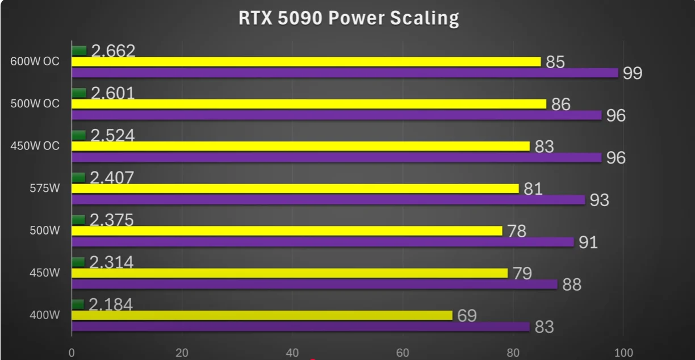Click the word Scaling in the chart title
[x=425, y=18]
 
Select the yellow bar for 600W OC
[x=306, y=62]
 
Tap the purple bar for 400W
[x=300, y=326]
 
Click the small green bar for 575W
[x=78, y=178]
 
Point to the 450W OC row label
[x=35, y=146]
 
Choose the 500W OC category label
[x=35, y=104]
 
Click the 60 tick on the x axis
[x=403, y=353]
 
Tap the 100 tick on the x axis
[x=623, y=353]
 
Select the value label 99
[x=633, y=73]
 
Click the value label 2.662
[x=113, y=51]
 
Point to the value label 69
[x=467, y=316]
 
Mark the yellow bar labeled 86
[x=309, y=104]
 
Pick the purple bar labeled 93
[x=328, y=200]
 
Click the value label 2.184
[x=111, y=304]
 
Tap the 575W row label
[x=45, y=188]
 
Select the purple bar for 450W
[x=315, y=284]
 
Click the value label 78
[x=517, y=231]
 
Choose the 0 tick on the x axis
[x=72, y=353]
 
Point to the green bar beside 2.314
[x=78, y=262]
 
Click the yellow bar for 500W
[x=287, y=231]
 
